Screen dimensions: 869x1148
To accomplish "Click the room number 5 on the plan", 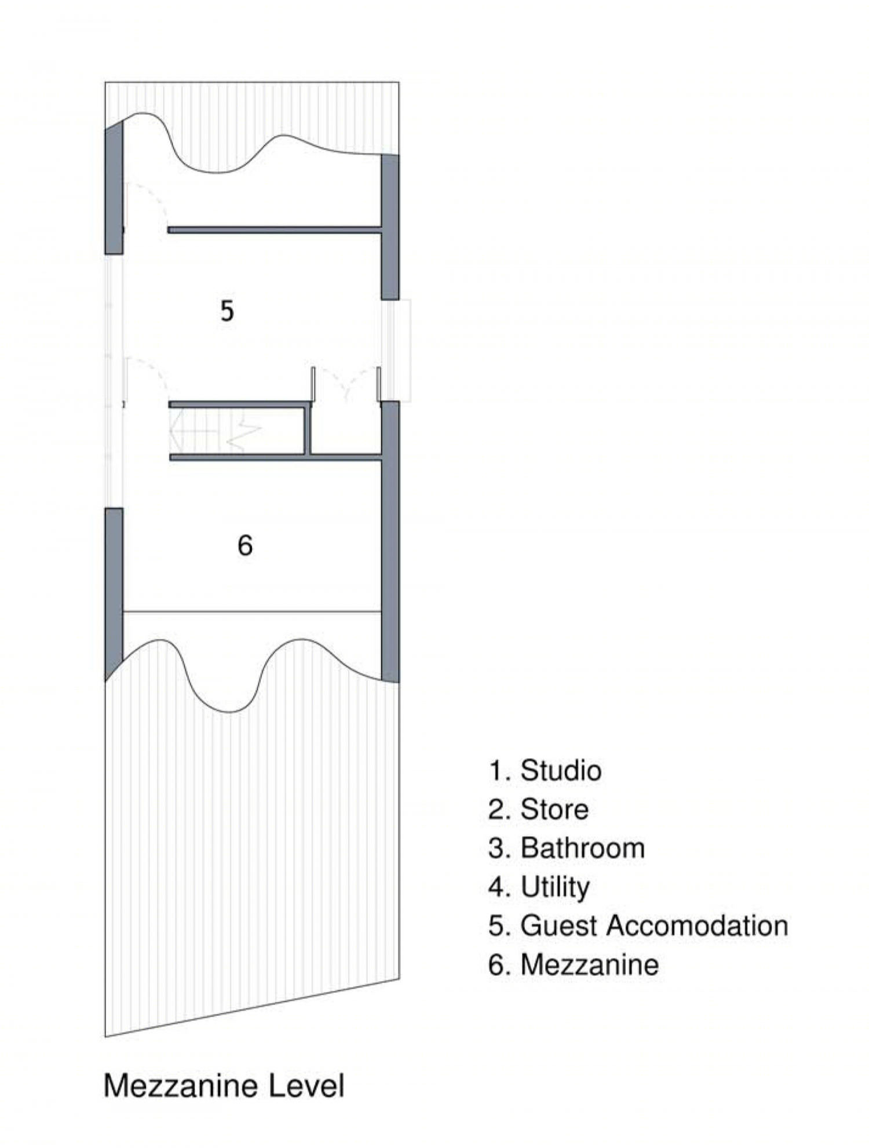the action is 227,311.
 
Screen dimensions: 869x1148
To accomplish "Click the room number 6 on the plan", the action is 245,545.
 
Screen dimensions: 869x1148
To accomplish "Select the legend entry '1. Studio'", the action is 545,771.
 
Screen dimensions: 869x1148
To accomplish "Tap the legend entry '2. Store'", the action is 538,809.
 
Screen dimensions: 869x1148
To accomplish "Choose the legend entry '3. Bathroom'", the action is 567,848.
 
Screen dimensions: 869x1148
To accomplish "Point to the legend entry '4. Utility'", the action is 539,887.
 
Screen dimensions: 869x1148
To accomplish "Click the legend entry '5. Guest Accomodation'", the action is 638,925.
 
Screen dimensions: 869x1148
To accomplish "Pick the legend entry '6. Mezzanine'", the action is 574,964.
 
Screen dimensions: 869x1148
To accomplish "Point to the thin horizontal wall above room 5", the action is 275,230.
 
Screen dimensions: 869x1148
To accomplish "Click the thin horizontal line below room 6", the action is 252,611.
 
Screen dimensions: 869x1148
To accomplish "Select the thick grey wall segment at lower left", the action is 114,594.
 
